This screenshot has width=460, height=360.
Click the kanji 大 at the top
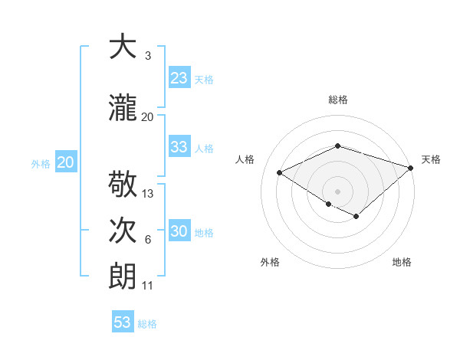click(x=122, y=47)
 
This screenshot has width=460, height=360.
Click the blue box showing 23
click(x=179, y=78)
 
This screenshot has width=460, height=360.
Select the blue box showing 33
click(x=179, y=147)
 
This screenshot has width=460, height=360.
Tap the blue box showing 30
click(x=179, y=231)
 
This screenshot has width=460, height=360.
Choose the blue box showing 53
click(x=123, y=322)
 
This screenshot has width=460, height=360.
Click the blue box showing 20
click(x=66, y=162)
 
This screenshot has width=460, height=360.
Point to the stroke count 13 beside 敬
click(x=148, y=194)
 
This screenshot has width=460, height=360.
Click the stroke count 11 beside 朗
click(x=148, y=286)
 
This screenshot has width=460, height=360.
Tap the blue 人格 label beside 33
click(x=204, y=148)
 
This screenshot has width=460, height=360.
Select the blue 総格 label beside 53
click(x=147, y=323)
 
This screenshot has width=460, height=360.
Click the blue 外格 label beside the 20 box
click(x=41, y=163)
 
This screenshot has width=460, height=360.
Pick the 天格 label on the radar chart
click(x=431, y=159)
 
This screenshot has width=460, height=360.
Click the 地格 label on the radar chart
click(x=402, y=262)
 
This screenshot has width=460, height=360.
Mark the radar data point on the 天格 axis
click(x=411, y=167)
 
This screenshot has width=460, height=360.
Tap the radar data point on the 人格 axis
click(x=280, y=172)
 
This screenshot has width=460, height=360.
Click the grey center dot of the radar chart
click(x=337, y=191)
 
